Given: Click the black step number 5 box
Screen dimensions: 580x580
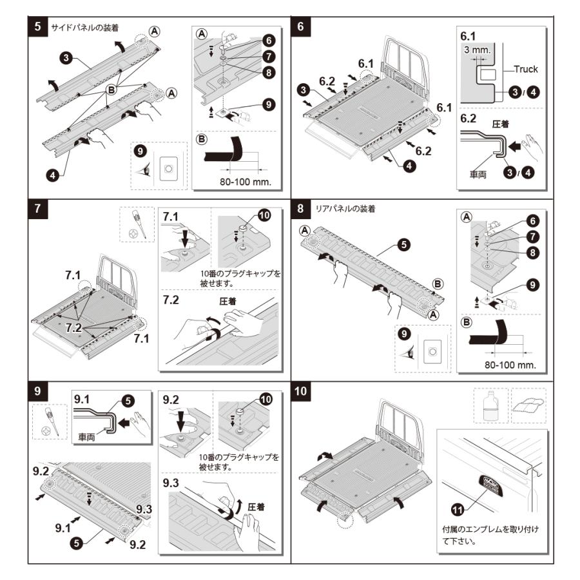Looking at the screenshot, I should click(39, 27).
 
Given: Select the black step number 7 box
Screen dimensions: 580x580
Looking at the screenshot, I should click(39, 209).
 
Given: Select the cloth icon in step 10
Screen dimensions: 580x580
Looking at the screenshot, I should click(528, 405).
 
